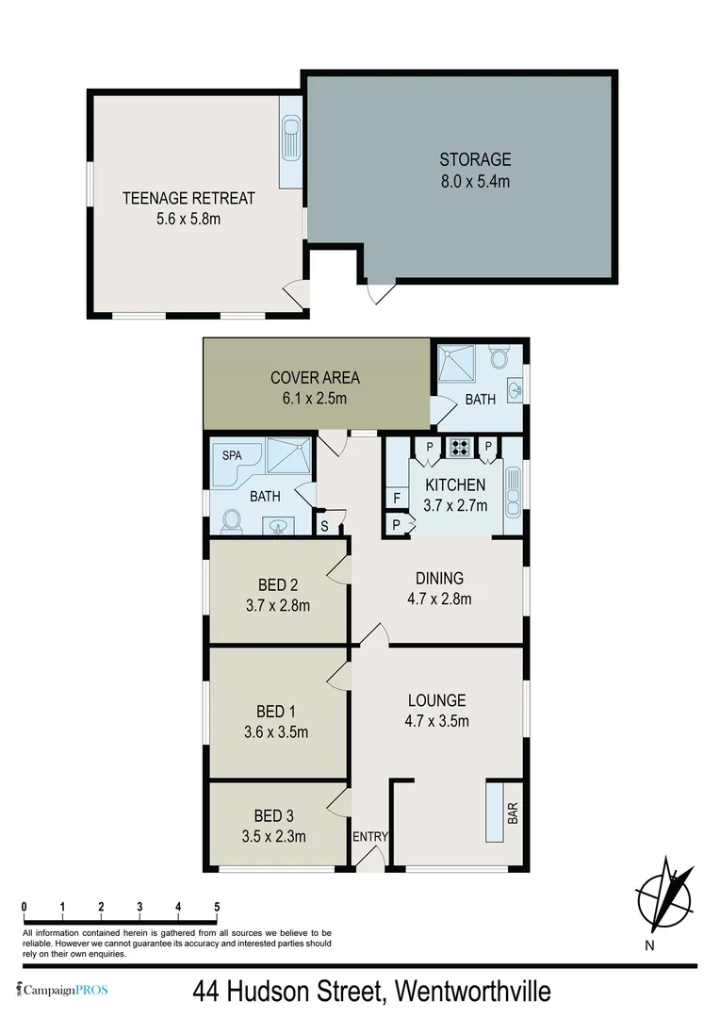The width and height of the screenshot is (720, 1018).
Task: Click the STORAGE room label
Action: point(474,159)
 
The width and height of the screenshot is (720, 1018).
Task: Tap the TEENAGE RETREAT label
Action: point(188,198)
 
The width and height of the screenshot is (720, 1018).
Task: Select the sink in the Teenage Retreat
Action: point(290,140)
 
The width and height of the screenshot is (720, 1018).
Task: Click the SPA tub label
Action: point(232,454)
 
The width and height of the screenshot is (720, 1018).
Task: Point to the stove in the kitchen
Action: point(462,447)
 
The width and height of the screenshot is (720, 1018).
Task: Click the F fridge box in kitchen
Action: point(397,497)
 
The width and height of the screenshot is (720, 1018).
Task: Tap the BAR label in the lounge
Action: point(513,813)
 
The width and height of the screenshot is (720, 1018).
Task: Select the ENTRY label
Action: point(370,837)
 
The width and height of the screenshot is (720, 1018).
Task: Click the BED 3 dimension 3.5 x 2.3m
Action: point(273,835)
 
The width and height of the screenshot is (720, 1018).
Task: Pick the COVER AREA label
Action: point(315,378)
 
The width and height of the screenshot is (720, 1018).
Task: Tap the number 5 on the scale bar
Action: point(217,907)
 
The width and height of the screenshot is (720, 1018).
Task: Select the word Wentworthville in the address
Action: point(472,992)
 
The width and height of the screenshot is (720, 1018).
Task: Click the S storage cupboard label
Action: point(324,525)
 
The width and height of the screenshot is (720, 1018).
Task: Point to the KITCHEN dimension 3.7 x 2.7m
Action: point(455,505)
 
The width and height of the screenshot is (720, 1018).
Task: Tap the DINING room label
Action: point(439,578)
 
